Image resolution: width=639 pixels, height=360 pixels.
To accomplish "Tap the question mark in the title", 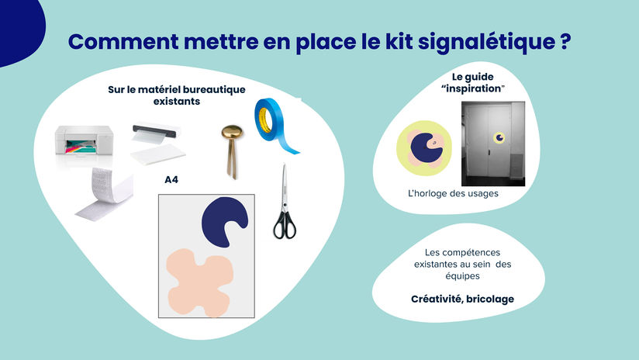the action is coord(565,41).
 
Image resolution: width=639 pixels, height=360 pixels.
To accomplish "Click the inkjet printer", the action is coord(84,141).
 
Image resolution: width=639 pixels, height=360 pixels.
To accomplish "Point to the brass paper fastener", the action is coord(232,151).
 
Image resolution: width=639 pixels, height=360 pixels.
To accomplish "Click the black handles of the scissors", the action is coord(285,226).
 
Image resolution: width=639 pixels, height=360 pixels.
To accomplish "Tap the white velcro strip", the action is coord(105,195).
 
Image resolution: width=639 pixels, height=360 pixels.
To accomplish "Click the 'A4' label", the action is coord(171,180).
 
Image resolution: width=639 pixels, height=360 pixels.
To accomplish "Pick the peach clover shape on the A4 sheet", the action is coord(199,283).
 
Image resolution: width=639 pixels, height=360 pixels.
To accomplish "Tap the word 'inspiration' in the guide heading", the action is coord(473,88).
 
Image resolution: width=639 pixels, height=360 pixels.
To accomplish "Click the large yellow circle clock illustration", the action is coord(424,148).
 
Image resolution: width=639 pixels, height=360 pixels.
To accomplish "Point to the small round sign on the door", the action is coord(499,138).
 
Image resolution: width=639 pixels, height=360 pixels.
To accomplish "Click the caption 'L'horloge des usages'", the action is coord(453,193).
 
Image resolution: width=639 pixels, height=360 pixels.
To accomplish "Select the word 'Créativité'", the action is coord(437,299).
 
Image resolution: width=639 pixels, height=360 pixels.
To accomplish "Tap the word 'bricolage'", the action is coord(490,299).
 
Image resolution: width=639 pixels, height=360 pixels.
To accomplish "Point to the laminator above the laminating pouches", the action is coord(156,132).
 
